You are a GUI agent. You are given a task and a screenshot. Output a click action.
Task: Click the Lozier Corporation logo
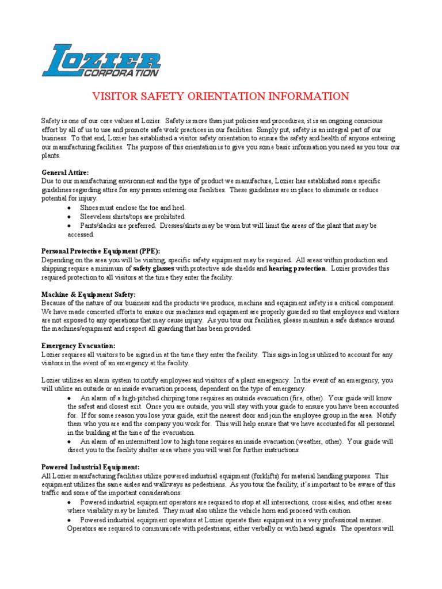101,60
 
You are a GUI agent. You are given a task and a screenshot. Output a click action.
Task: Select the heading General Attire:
65,172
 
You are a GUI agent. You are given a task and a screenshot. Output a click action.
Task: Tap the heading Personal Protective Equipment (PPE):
101,251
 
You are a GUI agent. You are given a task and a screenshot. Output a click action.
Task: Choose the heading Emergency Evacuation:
78,346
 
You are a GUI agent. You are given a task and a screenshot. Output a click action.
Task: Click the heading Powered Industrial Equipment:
90,467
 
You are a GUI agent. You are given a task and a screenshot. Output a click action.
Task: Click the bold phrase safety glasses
154,269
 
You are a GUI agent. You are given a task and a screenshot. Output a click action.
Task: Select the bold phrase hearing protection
297,269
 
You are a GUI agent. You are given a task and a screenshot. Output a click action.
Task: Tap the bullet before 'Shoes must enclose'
70,208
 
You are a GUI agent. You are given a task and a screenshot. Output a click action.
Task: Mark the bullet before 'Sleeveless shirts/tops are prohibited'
70,217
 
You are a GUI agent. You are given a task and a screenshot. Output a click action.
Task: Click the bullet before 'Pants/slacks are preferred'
70,226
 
